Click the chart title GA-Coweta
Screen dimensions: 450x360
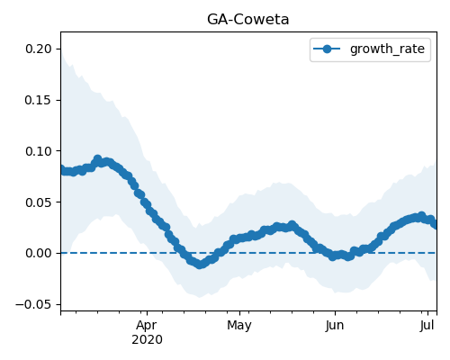point(247,20)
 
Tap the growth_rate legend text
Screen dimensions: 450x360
point(387,49)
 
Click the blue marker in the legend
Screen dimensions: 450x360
point(327,49)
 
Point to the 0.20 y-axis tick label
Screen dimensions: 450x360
point(39,49)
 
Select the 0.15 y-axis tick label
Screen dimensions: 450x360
point(39,100)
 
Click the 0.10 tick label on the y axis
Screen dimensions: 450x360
point(39,151)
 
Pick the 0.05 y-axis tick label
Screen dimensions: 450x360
point(39,202)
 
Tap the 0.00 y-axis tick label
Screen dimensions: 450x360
point(39,253)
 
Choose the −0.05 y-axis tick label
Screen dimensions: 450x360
point(33,304)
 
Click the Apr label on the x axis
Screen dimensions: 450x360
point(147,326)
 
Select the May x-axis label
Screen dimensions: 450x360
point(239,326)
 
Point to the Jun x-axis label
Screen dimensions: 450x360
point(335,326)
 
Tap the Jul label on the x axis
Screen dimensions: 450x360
point(427,326)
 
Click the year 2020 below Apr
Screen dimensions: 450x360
point(147,339)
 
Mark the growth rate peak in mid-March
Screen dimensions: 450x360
point(97,159)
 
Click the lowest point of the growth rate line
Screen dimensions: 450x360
point(200,265)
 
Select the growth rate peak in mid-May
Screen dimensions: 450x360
point(292,225)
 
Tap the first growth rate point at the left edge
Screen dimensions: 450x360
point(61,170)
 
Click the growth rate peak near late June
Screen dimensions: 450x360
point(422,216)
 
